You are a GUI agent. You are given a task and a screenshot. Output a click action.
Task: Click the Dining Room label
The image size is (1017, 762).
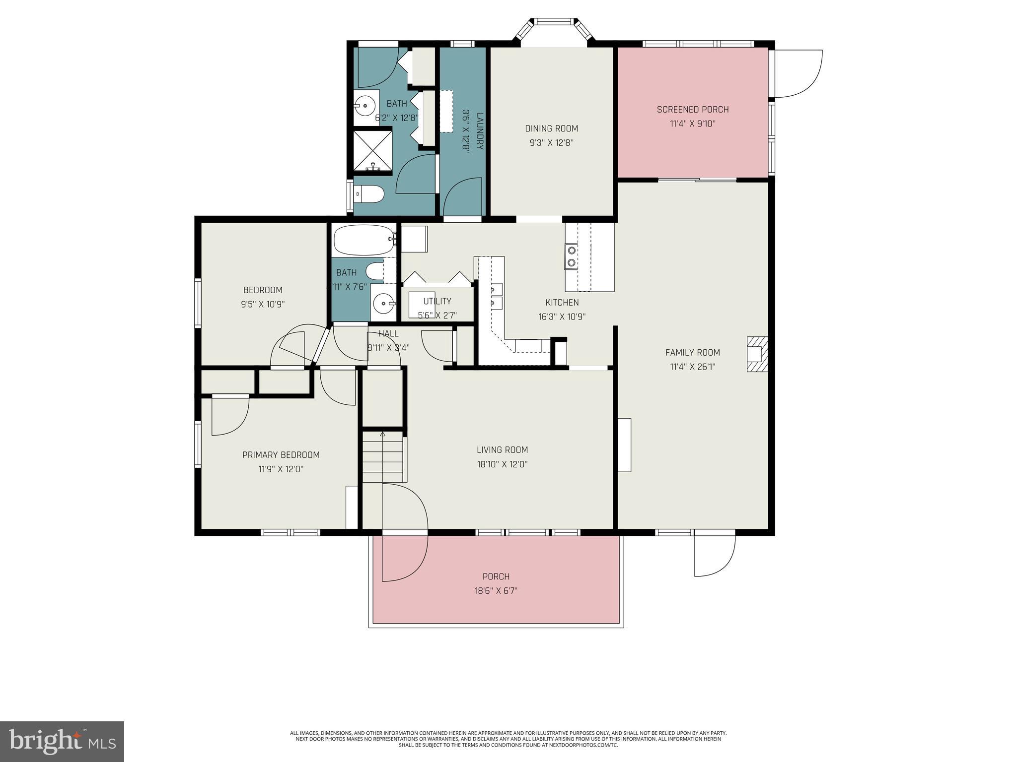tap(551, 128)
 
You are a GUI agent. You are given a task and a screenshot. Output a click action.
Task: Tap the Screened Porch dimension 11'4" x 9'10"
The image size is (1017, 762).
tap(692, 124)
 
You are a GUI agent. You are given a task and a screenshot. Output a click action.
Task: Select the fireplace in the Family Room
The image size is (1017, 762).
tap(757, 354)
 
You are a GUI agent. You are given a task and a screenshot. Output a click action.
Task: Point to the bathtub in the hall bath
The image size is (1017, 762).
tap(364, 240)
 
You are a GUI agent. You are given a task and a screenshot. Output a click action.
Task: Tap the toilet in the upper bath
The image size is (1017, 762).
tap(369, 194)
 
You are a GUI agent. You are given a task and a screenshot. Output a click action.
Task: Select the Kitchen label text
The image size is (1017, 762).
tap(562, 302)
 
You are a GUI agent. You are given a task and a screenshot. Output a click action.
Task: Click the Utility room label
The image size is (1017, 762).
tap(437, 301)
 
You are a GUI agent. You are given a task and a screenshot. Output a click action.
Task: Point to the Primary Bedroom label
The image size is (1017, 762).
tap(281, 454)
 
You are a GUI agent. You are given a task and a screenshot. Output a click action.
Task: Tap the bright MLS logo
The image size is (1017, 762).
tap(62, 741)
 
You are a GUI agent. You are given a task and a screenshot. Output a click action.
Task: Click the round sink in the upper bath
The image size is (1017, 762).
tap(366, 105)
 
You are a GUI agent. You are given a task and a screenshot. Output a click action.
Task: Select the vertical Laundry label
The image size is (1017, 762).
tap(479, 131)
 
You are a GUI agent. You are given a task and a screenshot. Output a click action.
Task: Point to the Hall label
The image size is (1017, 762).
tap(388, 333)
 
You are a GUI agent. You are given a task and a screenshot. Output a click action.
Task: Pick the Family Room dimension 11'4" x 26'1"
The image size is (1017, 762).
tap(692, 367)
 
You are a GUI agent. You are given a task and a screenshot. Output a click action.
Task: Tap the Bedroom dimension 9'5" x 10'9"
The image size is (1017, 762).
tap(262, 304)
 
